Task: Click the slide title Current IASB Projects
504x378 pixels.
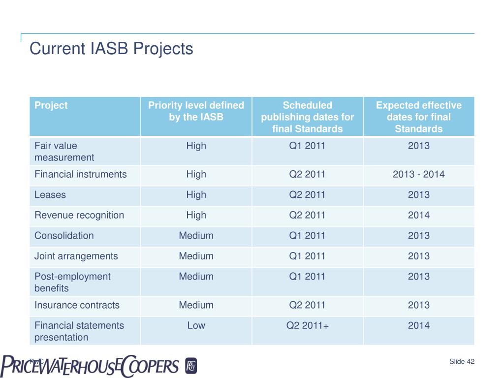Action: point(111,49)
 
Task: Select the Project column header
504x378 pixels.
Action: point(51,105)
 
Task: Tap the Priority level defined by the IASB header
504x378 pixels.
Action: point(196,111)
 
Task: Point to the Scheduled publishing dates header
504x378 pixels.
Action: point(307,117)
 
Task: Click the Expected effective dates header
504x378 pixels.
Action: point(418,117)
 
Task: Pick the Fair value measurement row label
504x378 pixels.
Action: point(64,152)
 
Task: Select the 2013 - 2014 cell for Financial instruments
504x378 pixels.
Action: point(418,174)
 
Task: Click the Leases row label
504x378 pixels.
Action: point(50,195)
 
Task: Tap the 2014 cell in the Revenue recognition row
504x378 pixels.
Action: point(418,215)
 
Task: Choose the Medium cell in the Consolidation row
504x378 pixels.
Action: point(196,235)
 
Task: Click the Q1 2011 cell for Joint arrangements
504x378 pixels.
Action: point(307,256)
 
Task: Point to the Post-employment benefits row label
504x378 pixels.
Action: point(72,282)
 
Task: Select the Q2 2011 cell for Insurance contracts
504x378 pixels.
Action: point(307,305)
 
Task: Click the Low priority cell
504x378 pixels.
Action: point(196,325)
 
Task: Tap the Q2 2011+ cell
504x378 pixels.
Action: point(307,325)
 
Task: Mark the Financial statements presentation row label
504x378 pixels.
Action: point(79,331)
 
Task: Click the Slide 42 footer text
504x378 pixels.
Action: point(462,362)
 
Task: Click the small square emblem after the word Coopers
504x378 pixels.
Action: point(191,366)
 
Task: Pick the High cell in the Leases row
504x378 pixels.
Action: point(196,195)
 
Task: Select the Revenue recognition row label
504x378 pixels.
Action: point(79,215)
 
